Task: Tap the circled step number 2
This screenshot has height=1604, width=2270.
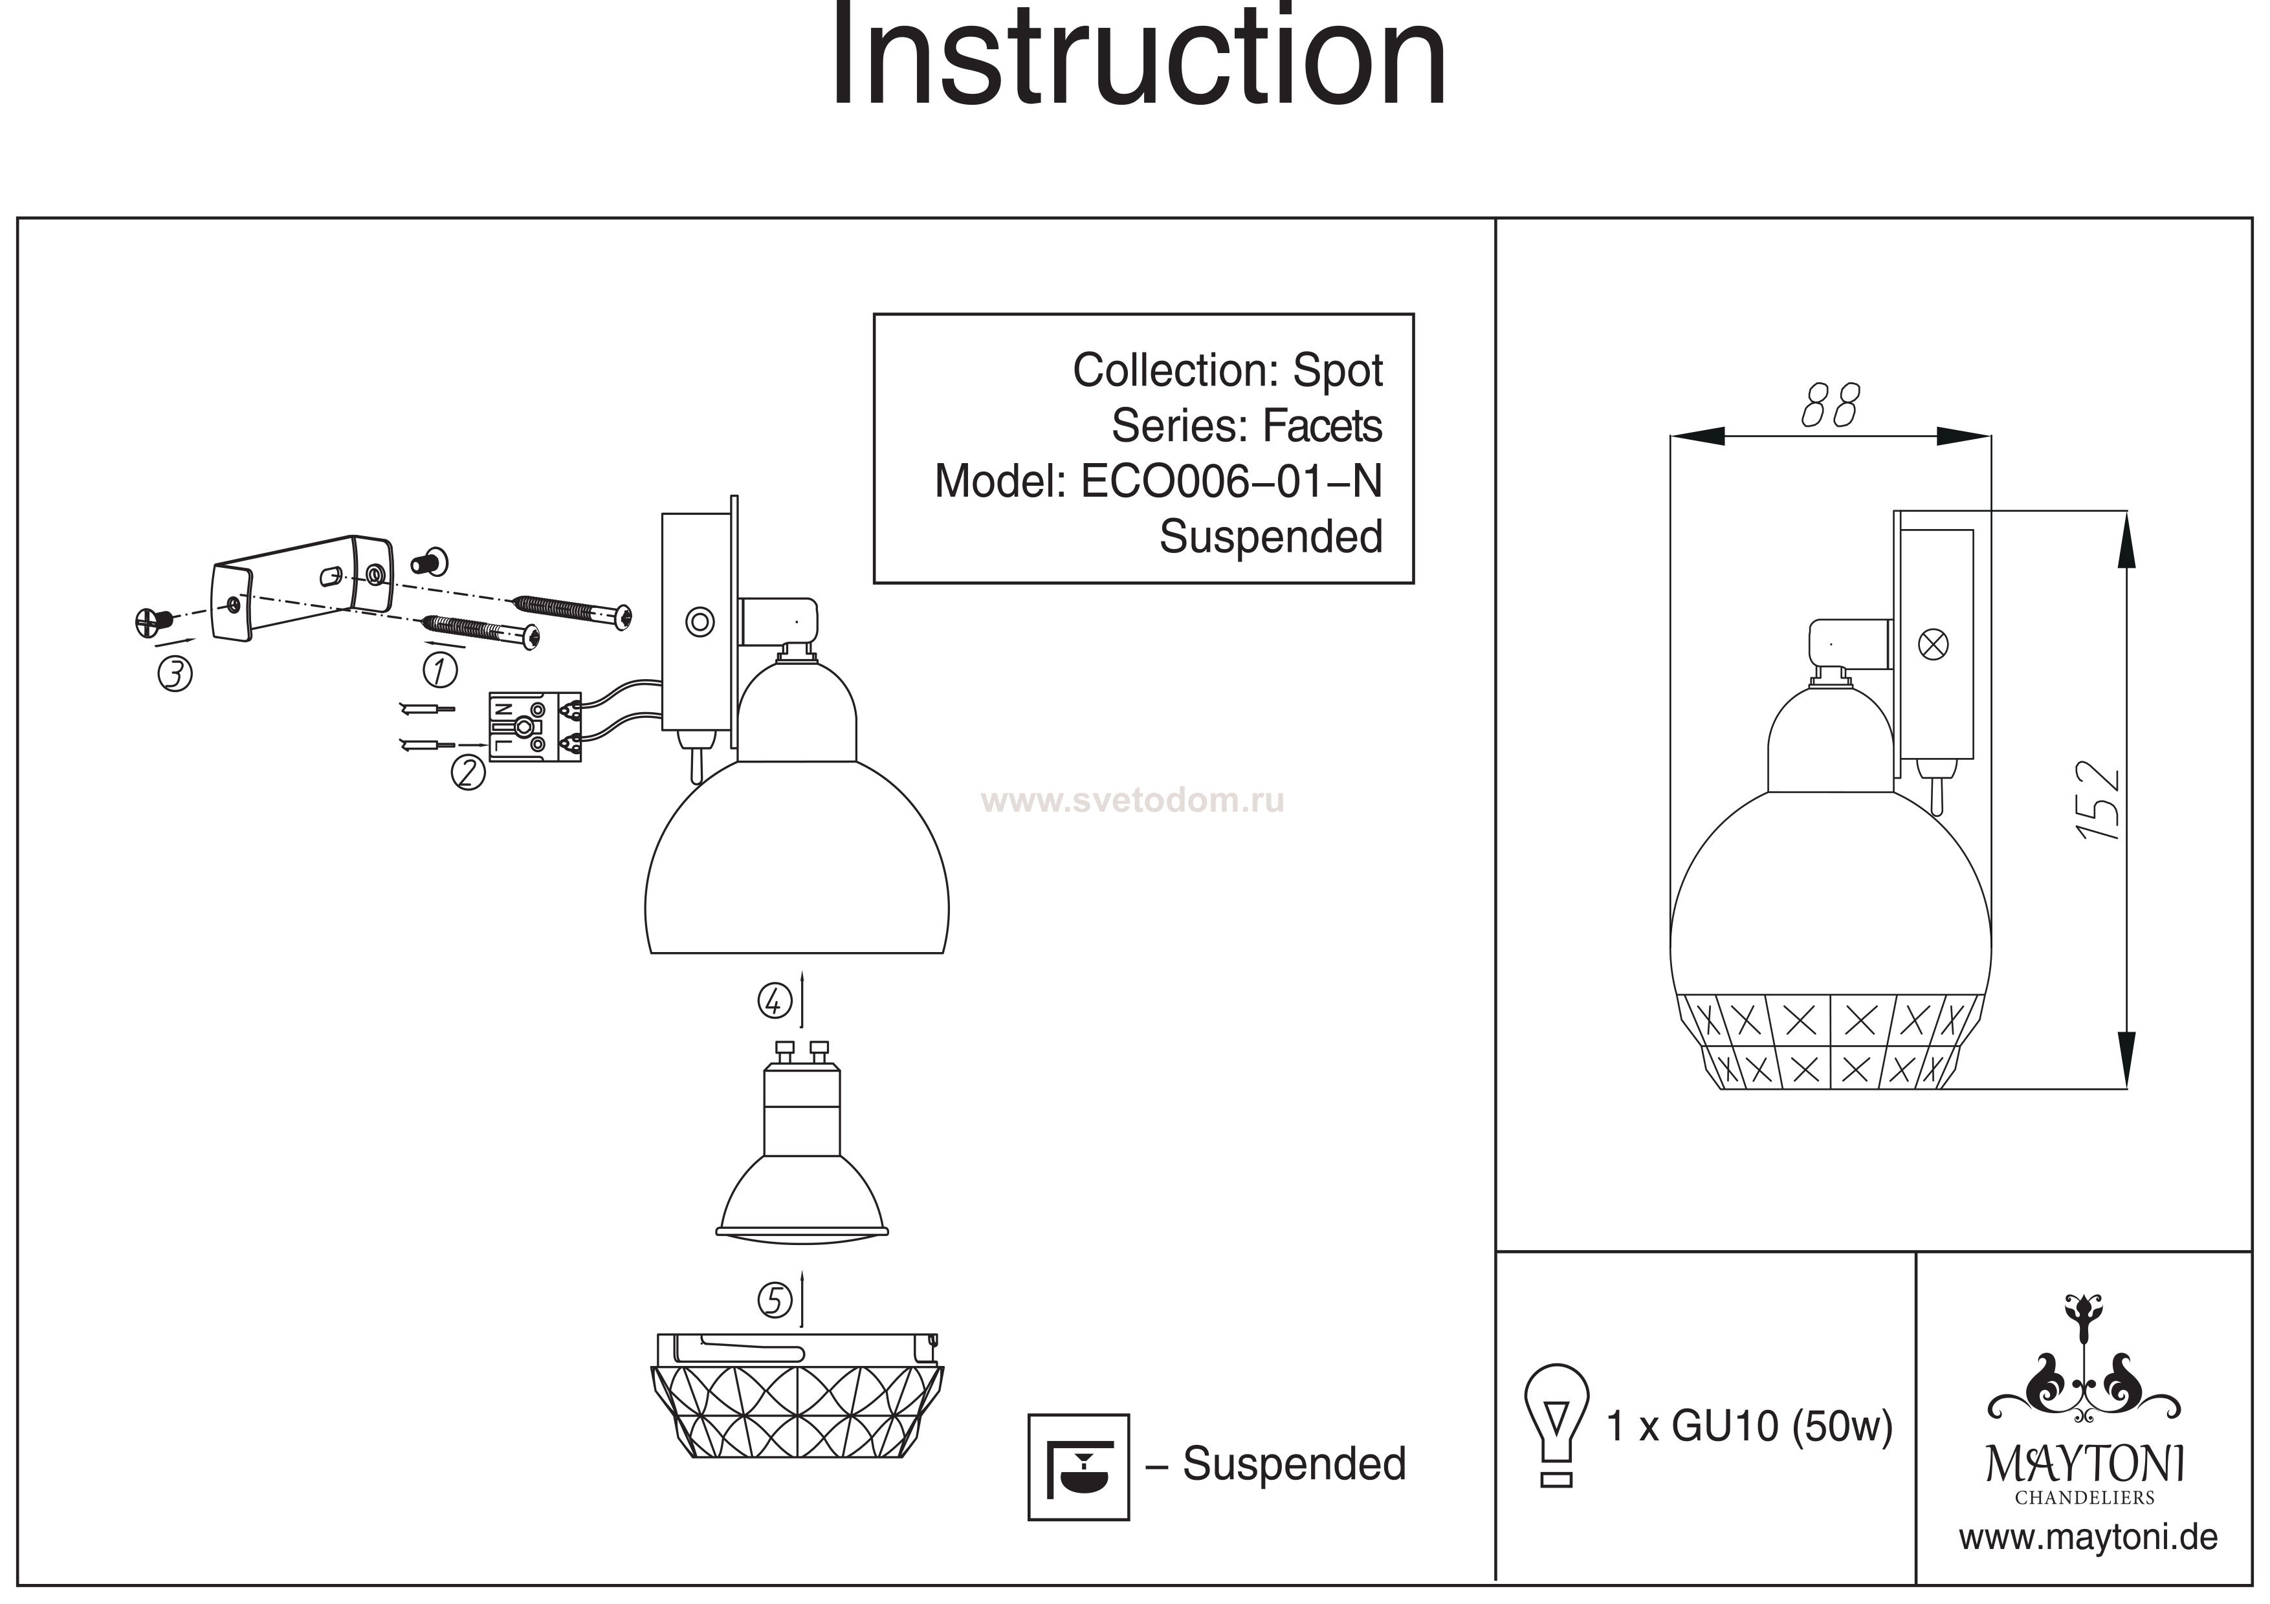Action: (468, 773)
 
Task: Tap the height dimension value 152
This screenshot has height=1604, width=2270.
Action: (2098, 801)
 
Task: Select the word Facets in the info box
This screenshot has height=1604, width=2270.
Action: (1322, 427)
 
